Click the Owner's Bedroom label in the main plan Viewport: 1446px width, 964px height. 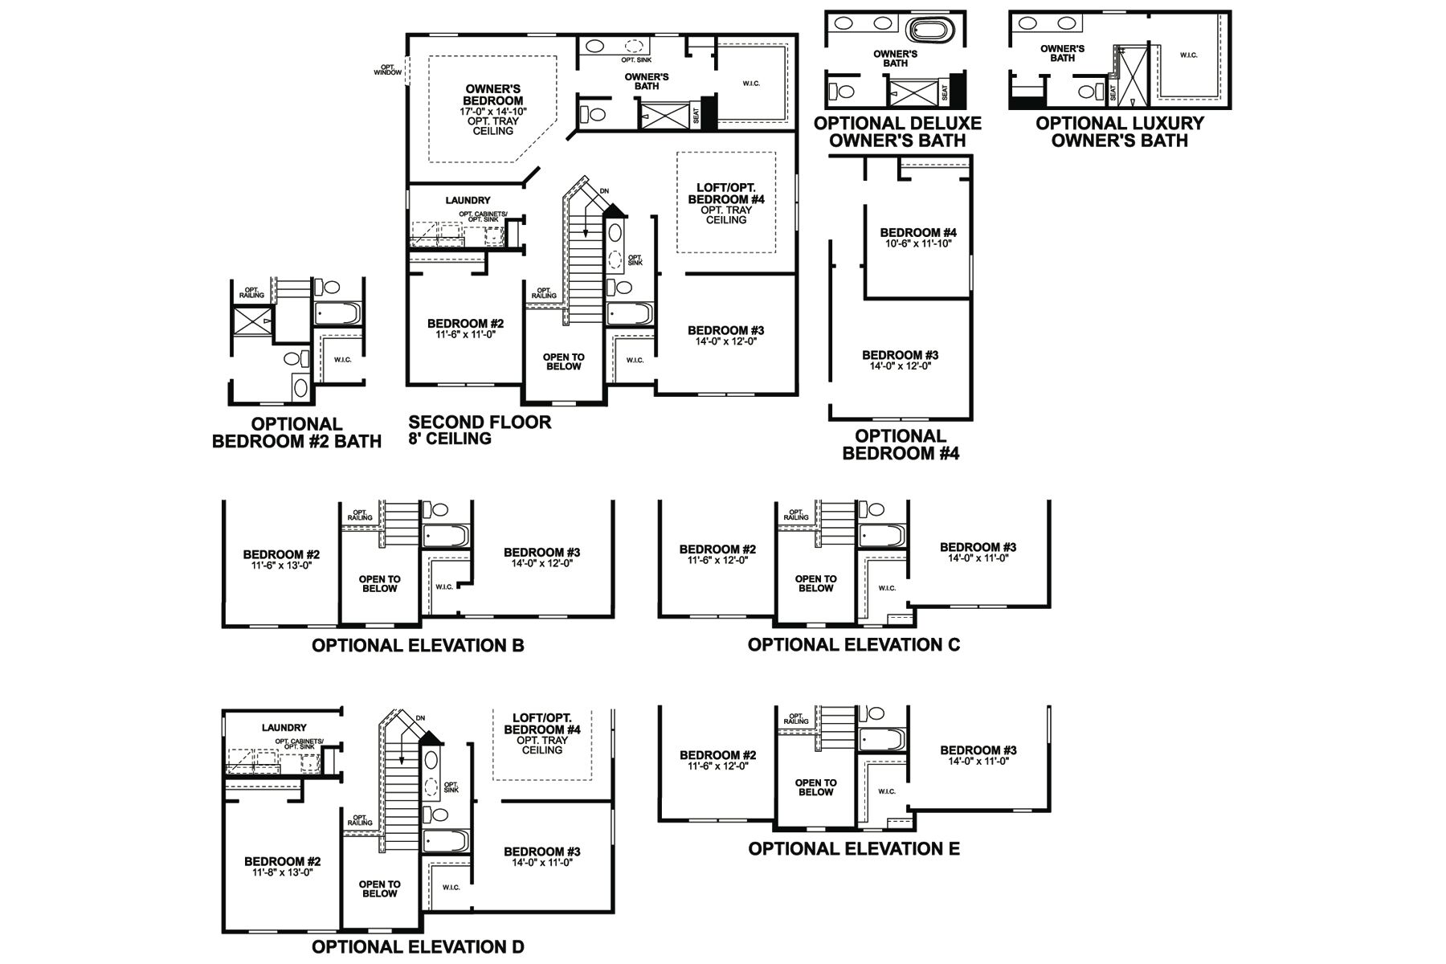coord(493,95)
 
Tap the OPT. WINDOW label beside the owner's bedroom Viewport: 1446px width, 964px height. coord(387,70)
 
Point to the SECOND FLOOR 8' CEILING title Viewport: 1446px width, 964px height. coord(480,430)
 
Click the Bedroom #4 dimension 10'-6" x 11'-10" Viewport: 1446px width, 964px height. coord(918,243)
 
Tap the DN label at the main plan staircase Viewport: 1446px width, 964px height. coord(604,191)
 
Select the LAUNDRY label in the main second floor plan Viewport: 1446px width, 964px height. coord(468,200)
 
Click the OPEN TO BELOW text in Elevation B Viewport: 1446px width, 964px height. coord(379,584)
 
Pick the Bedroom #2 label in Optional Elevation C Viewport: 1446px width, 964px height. coord(717,549)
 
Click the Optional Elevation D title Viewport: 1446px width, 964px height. coord(418,946)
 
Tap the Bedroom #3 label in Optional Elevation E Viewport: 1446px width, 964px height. coord(978,750)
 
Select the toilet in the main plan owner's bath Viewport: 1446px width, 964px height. coord(595,114)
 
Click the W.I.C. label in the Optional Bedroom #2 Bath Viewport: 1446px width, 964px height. coord(343,359)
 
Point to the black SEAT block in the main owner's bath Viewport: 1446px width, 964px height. coord(708,113)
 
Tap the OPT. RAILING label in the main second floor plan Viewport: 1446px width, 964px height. coord(544,293)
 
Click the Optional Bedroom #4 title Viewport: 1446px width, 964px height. coord(900,444)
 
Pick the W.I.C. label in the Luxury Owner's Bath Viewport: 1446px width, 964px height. coord(1188,55)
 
